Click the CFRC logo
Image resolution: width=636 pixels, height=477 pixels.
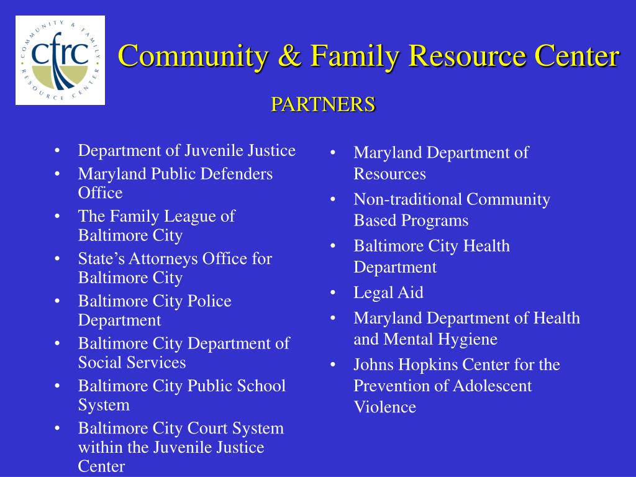(60, 60)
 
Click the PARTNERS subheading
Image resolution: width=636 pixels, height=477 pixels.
(322, 104)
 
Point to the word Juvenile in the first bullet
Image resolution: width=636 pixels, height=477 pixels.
(214, 151)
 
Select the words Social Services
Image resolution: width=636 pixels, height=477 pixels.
(132, 362)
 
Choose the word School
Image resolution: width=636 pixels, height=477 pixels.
(261, 386)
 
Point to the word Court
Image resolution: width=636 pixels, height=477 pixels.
(209, 428)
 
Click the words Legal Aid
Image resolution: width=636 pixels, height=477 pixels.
(388, 293)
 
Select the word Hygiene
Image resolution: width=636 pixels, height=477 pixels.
(469, 340)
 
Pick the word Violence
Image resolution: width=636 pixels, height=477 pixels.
(384, 407)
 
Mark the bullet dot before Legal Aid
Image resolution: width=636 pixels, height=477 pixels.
(334, 293)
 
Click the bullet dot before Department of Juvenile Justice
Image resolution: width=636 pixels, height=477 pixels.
(58, 151)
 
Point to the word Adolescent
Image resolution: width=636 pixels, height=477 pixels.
(492, 386)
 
